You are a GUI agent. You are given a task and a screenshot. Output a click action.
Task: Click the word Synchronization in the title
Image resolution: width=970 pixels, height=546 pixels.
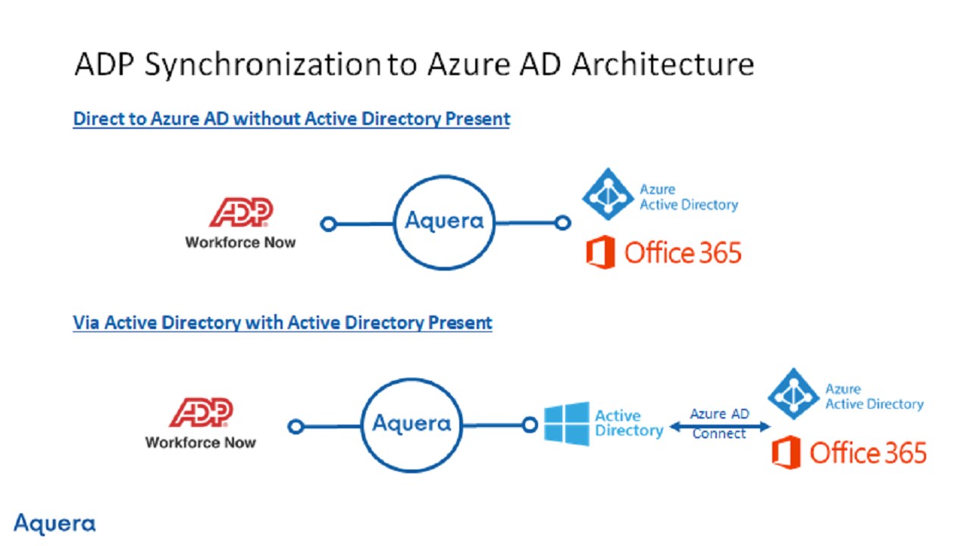click(x=262, y=65)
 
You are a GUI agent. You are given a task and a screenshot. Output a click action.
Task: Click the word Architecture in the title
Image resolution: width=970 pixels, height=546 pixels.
click(x=662, y=64)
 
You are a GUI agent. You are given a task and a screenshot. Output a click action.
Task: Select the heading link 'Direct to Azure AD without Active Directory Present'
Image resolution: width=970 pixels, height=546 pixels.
click(x=292, y=119)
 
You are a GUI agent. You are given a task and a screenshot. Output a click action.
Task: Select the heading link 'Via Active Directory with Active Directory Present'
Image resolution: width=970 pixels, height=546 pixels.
click(x=283, y=323)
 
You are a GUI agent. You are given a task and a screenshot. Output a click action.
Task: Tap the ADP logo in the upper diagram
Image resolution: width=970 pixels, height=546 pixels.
click(x=241, y=212)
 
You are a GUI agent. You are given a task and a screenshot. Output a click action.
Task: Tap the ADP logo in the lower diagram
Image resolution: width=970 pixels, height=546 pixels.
click(x=201, y=412)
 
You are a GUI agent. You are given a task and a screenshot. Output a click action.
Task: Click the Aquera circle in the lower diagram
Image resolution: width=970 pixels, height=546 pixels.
click(x=411, y=379)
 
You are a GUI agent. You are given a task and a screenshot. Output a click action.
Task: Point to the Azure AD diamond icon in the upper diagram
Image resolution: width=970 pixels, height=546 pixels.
click(x=608, y=194)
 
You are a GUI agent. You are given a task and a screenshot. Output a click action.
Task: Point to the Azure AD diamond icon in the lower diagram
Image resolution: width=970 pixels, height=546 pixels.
click(x=793, y=394)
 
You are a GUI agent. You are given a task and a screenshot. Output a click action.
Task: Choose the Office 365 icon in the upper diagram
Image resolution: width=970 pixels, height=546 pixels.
click(x=601, y=253)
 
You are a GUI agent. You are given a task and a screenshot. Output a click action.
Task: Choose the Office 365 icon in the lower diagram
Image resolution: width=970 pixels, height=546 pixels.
click(x=787, y=452)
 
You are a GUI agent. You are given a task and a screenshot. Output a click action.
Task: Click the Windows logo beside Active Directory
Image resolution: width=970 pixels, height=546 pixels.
click(x=566, y=424)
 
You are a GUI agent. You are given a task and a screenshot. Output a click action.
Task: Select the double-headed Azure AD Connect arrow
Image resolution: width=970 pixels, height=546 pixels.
click(x=720, y=427)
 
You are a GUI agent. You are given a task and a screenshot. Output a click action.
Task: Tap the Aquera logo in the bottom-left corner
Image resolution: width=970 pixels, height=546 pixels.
click(x=55, y=523)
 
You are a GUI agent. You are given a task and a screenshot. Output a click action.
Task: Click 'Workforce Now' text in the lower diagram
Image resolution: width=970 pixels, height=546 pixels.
click(x=201, y=442)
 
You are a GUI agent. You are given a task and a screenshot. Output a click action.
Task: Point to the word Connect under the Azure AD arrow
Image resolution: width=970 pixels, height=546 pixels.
click(x=719, y=433)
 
